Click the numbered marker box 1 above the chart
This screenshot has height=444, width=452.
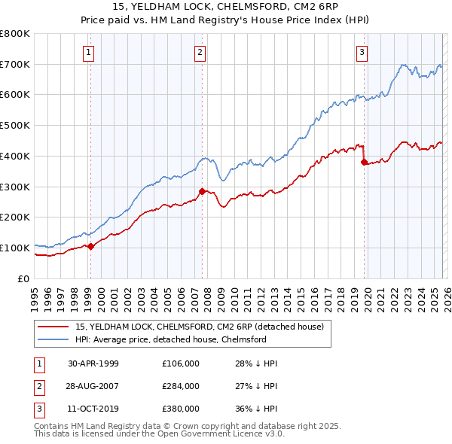(90, 52)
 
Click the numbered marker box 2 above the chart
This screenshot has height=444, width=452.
(200, 52)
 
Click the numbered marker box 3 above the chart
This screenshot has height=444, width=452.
(362, 52)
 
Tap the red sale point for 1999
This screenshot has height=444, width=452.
(90, 245)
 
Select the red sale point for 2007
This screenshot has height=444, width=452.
(202, 191)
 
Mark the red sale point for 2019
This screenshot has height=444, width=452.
(364, 162)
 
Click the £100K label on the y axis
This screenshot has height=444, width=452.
(16, 248)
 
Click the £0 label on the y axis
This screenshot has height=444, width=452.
(23, 278)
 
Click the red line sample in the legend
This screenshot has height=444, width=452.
(53, 327)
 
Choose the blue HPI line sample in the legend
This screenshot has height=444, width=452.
(53, 339)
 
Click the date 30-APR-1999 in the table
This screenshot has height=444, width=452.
(93, 363)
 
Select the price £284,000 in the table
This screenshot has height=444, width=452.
(181, 386)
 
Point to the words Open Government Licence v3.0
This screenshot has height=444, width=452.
(225, 434)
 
